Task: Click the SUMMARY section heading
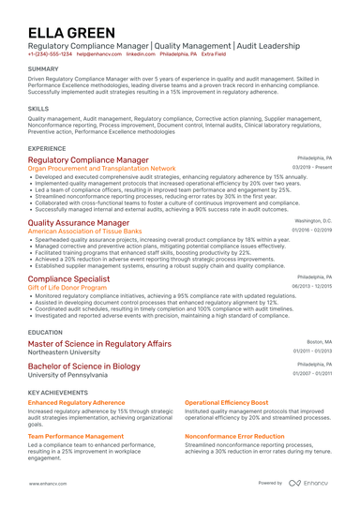point(43,69)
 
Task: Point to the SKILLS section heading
point(38,109)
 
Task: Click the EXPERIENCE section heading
point(47,148)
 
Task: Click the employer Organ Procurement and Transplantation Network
point(101,168)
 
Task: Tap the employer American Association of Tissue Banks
point(86,231)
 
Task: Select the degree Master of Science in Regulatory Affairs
point(99,344)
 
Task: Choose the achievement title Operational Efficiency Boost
point(226,402)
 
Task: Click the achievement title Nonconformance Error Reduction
point(234,436)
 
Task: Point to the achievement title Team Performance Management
point(76,436)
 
